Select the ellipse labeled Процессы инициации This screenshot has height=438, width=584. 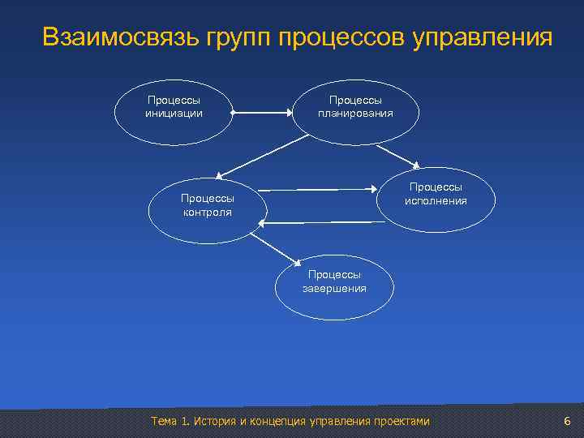(x=174, y=108)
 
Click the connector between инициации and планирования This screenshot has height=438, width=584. (x=262, y=114)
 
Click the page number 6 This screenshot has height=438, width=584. (x=567, y=421)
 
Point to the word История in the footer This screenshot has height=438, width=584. (x=215, y=421)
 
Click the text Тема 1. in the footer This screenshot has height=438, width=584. (x=170, y=421)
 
